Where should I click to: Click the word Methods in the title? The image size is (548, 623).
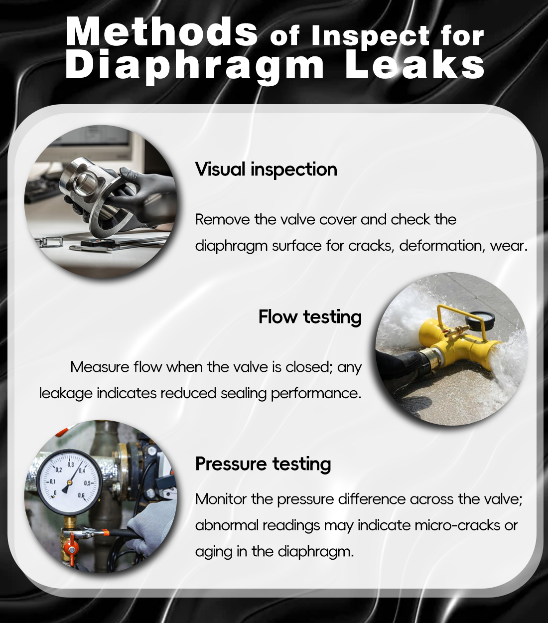(161, 32)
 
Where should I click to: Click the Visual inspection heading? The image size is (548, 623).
(266, 169)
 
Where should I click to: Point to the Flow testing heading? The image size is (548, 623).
(310, 317)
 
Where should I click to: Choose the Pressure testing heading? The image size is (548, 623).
(263, 464)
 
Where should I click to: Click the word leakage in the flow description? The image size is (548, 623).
(66, 393)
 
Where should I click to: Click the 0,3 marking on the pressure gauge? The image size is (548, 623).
(71, 465)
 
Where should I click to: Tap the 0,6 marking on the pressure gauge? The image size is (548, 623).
(81, 495)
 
